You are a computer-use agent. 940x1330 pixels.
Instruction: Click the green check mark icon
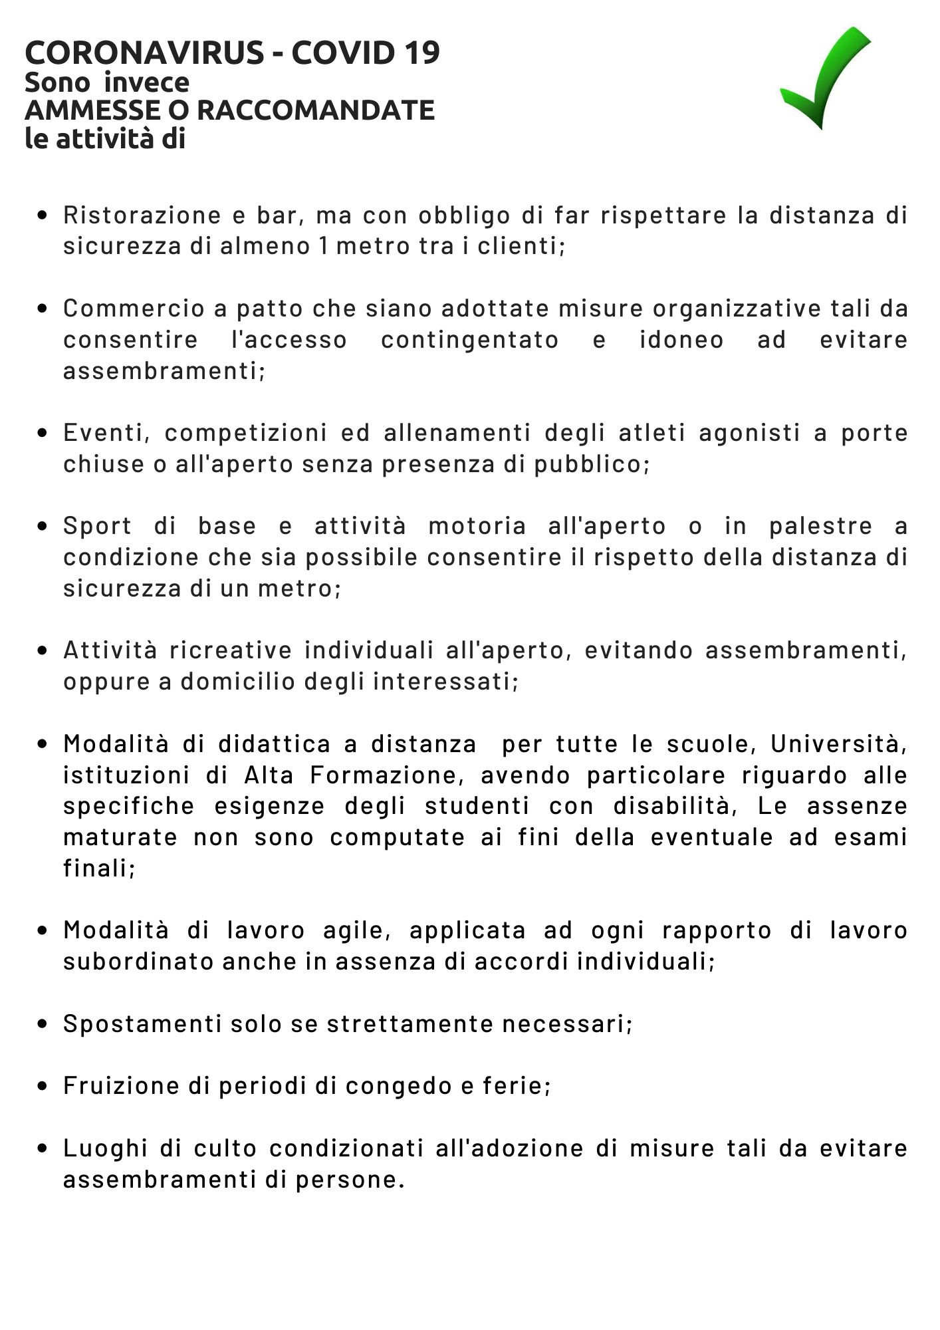(x=824, y=80)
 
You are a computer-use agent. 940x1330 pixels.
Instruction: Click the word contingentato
(x=469, y=340)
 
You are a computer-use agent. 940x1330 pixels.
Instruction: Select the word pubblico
(x=590, y=464)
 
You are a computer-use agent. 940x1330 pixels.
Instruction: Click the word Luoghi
(x=105, y=1148)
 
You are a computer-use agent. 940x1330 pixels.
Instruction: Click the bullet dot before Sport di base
(x=43, y=527)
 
